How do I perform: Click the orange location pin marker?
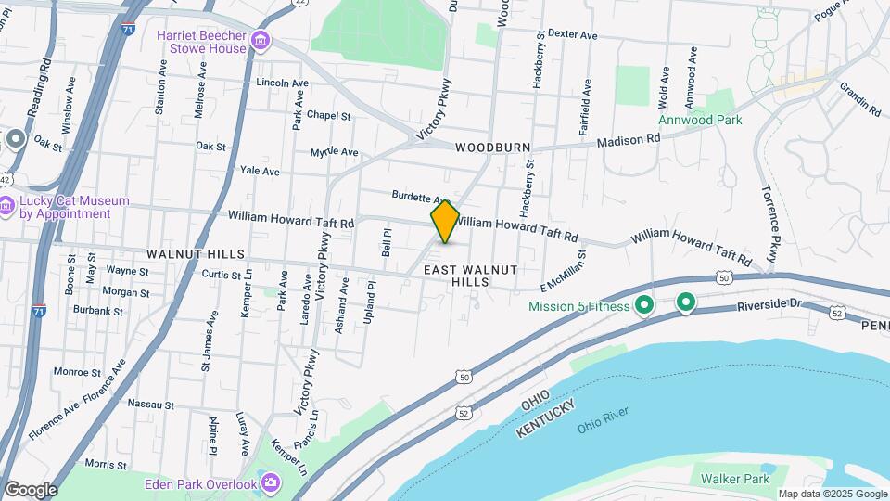click(x=445, y=221)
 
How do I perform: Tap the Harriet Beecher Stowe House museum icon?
click(x=261, y=41)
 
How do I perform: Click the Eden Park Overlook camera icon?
click(x=270, y=482)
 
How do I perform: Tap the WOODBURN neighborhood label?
click(x=492, y=148)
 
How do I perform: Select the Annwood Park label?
click(x=701, y=120)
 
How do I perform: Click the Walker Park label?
click(x=735, y=479)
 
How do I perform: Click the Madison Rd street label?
click(x=628, y=139)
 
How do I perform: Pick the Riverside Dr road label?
click(x=770, y=306)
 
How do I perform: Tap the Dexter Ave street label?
click(x=572, y=34)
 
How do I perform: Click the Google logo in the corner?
click(x=31, y=489)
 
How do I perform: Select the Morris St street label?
click(x=105, y=463)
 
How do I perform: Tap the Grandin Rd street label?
click(x=859, y=97)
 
